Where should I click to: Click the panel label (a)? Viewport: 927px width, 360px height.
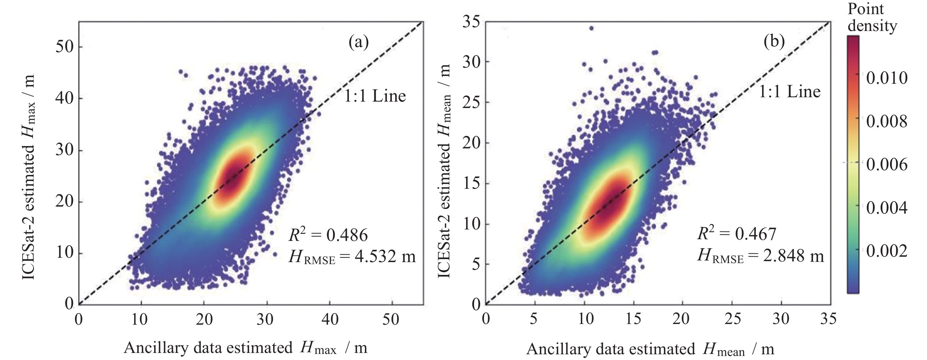(359, 43)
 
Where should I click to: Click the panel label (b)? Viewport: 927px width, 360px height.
(774, 42)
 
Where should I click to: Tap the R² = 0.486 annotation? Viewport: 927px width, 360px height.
(328, 235)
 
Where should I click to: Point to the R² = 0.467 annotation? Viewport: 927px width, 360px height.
(737, 234)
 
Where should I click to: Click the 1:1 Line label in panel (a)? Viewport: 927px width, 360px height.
(375, 96)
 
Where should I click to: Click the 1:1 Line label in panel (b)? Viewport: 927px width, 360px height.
(789, 92)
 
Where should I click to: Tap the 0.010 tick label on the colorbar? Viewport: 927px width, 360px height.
(886, 78)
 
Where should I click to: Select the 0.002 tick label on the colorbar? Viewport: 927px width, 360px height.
(886, 251)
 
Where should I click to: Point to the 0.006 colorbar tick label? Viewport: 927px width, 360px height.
(886, 165)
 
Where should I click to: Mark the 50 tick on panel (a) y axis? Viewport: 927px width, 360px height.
(65, 47)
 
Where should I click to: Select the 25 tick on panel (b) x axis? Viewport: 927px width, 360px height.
(732, 319)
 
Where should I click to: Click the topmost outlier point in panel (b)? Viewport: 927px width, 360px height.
(591, 28)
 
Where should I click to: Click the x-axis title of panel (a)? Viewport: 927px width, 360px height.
(246, 348)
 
